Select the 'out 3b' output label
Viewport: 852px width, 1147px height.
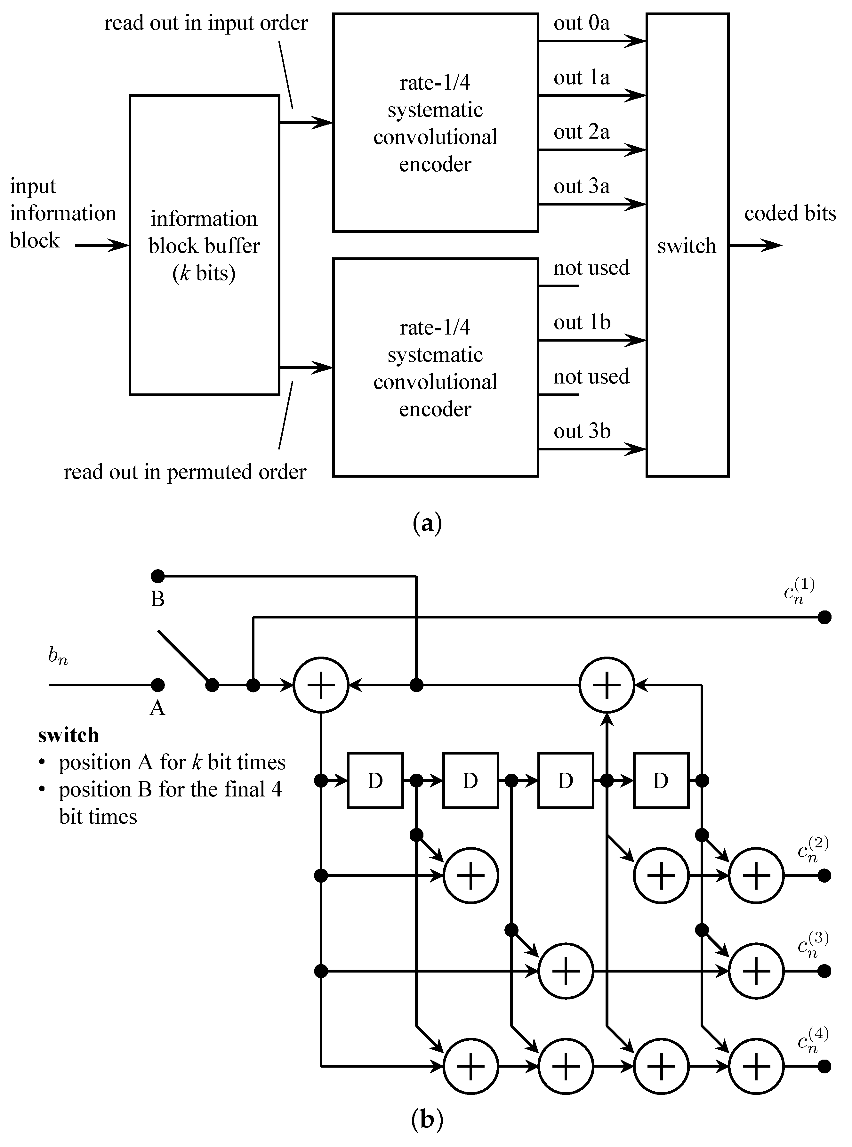582,431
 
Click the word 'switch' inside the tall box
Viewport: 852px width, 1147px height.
687,246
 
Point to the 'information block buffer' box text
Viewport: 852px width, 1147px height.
204,246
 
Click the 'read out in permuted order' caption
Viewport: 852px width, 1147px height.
185,472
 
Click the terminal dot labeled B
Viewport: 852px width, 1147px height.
158,576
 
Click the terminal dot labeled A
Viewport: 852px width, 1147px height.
158,685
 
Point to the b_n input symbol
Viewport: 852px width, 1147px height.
58,656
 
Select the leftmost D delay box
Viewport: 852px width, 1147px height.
375,780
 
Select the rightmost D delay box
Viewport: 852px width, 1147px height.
661,780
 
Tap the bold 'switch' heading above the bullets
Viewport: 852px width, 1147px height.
68,735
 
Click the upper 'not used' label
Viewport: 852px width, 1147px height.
591,268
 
